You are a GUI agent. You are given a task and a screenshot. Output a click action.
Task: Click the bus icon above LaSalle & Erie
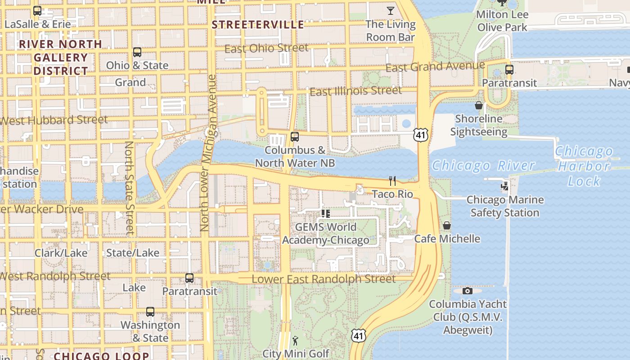(x=37, y=11)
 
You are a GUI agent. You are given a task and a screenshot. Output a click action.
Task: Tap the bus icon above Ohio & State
(x=137, y=52)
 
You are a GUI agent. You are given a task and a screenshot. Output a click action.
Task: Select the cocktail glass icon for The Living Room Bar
(x=390, y=10)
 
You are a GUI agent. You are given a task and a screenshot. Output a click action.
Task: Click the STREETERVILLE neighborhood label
(x=258, y=25)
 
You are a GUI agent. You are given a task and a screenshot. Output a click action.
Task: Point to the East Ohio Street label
(x=266, y=48)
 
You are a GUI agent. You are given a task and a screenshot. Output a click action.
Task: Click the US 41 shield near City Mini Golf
(x=359, y=335)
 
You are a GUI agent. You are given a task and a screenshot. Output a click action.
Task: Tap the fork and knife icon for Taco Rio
(x=392, y=181)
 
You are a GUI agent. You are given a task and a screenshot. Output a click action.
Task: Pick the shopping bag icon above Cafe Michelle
(x=447, y=225)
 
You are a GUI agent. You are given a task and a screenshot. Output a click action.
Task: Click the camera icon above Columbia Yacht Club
(x=468, y=291)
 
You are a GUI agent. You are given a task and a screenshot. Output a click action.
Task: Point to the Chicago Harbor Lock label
(x=584, y=166)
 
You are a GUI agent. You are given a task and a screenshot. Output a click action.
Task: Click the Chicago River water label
(x=483, y=166)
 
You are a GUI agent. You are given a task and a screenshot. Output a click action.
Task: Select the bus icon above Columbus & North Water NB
(x=295, y=136)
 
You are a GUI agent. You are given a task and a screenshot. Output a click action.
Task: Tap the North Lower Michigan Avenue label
(x=209, y=153)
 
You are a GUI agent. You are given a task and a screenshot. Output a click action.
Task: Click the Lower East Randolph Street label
(x=323, y=279)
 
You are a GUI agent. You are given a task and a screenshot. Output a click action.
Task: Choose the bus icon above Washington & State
(x=150, y=312)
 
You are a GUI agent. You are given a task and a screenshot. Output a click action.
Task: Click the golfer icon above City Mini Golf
(x=295, y=341)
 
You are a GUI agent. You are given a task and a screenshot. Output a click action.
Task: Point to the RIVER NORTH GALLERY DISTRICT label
(x=60, y=57)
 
